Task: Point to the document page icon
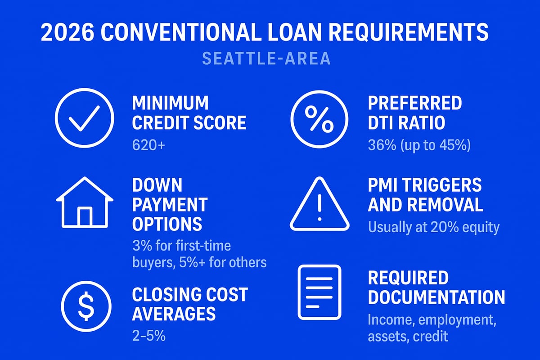click(x=319, y=292)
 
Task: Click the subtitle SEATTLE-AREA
click(x=266, y=59)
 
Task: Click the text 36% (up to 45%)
click(x=419, y=145)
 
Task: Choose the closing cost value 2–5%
click(x=149, y=335)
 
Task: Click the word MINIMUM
click(x=171, y=103)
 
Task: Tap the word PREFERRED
click(x=415, y=103)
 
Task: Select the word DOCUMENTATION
click(x=436, y=297)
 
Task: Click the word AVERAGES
click(x=174, y=313)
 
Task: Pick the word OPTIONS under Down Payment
click(x=167, y=224)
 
